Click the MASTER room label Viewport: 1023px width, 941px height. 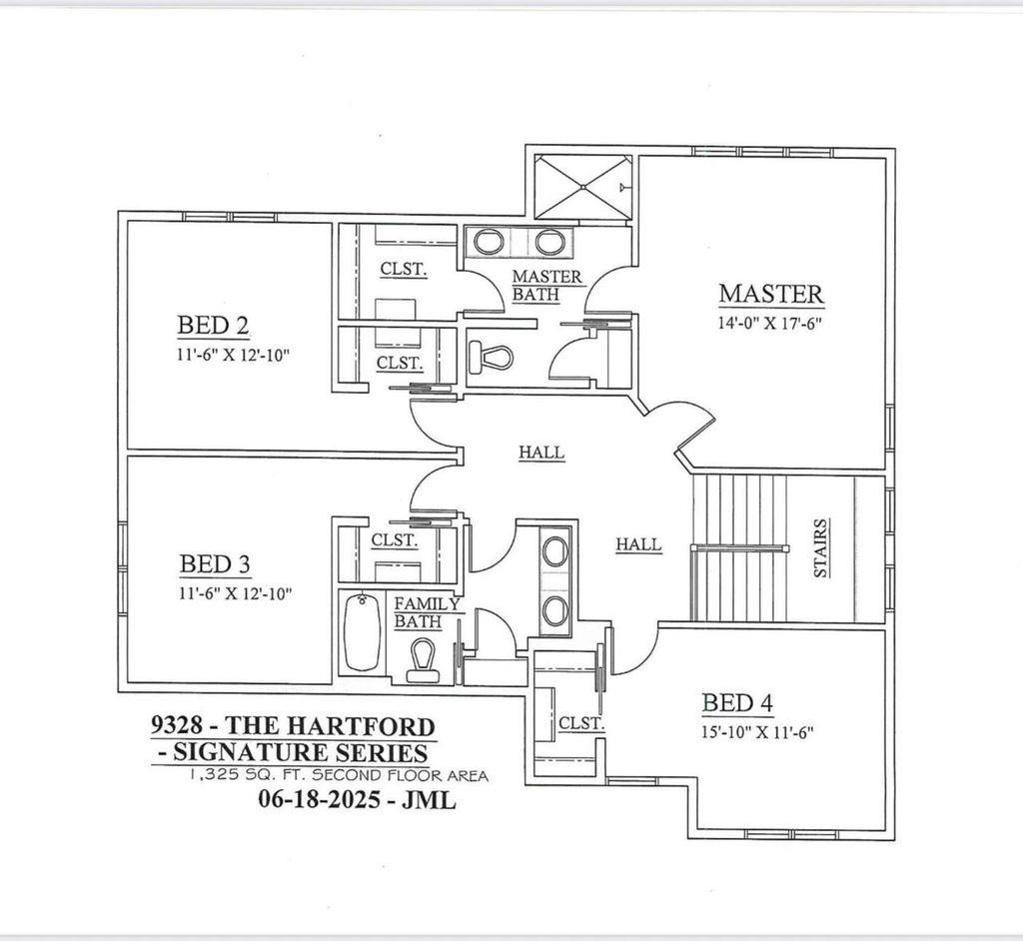(771, 294)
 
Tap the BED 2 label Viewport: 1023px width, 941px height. (213, 326)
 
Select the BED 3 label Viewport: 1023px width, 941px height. (215, 564)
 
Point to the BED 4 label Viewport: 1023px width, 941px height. (737, 703)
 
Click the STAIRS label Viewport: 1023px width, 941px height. (819, 548)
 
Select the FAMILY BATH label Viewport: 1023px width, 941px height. (427, 612)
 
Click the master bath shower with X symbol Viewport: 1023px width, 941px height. (580, 187)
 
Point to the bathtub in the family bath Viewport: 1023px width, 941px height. (361, 632)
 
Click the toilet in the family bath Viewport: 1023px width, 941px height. (424, 660)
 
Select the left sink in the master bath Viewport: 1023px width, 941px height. (489, 242)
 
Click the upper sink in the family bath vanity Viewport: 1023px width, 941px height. (553, 550)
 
